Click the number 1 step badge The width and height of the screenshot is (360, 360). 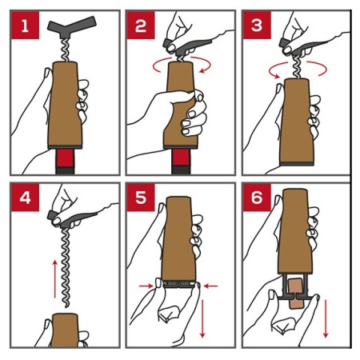[x=25, y=26]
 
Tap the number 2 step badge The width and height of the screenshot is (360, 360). [x=141, y=26]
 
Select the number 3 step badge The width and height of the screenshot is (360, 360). [x=257, y=26]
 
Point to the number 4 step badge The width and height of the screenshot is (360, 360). [x=25, y=198]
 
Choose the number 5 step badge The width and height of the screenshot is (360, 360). [x=141, y=198]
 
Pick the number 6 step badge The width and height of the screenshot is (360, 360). [x=257, y=198]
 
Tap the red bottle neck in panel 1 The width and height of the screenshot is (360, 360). [x=65, y=158]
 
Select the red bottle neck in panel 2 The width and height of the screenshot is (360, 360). [x=181, y=158]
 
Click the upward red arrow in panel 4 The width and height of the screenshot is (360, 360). [x=55, y=279]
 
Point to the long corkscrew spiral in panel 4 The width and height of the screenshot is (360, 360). [x=66, y=267]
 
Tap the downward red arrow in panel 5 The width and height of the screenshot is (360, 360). [x=202, y=318]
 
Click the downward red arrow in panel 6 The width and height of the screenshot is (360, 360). [x=326, y=318]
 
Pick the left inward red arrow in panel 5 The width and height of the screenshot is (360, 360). [x=146, y=286]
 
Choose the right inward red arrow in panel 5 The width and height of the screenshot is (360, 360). [x=210, y=286]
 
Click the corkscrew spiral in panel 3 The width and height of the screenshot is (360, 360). [x=298, y=67]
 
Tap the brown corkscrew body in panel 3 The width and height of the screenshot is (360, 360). [x=296, y=122]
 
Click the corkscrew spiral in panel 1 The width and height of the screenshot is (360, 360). [x=65, y=50]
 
